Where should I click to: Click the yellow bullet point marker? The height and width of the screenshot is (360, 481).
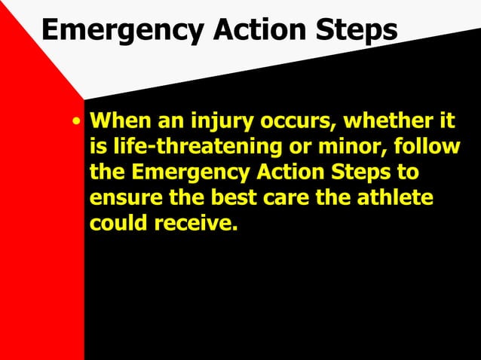tap(76, 122)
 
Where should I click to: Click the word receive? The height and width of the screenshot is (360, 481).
tap(195, 224)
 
